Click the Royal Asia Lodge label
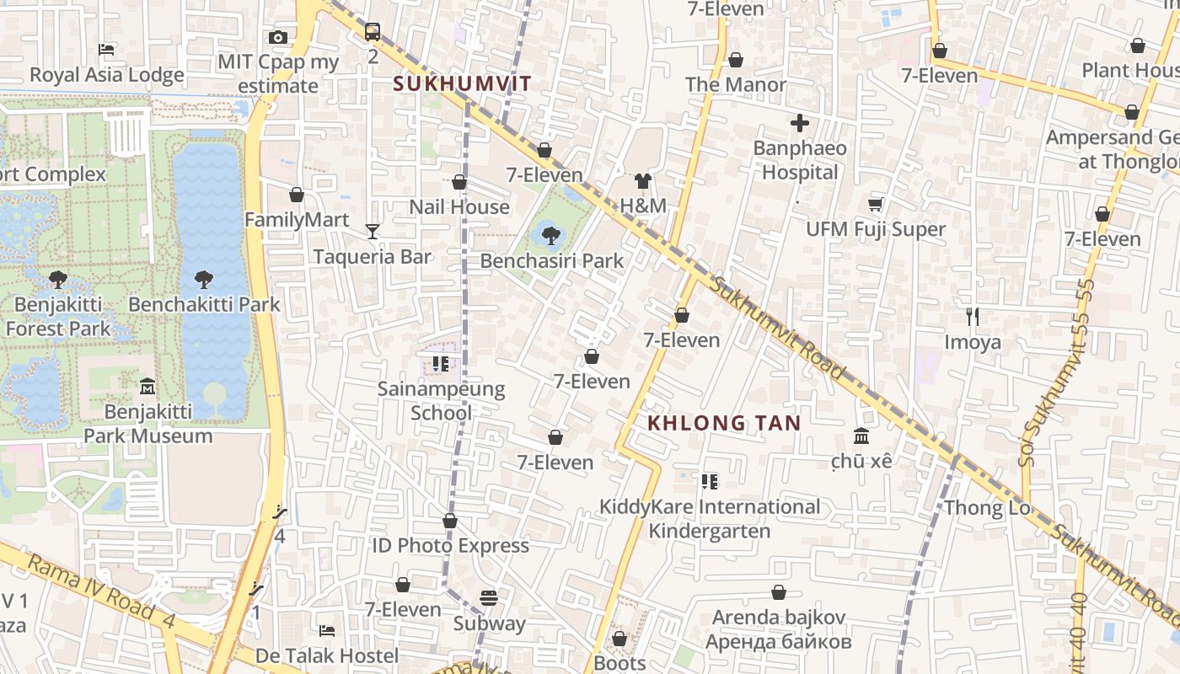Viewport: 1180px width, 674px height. coord(106,75)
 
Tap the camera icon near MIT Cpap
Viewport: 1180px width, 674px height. coord(278,37)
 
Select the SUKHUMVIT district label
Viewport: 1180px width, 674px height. coord(463,83)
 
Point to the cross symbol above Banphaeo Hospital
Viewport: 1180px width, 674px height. coord(799,124)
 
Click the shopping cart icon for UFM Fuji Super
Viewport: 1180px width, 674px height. coord(876,204)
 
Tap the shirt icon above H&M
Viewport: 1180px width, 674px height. coord(643,180)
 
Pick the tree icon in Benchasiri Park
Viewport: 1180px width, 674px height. coord(551,235)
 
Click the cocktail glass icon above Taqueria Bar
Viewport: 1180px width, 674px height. coord(373,231)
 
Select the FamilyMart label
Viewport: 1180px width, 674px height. coord(296,220)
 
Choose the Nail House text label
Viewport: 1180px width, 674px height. coord(459,206)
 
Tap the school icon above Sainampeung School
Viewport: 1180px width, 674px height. coord(440,364)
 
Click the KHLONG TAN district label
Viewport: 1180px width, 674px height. coord(723,423)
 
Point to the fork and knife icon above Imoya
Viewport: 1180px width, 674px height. coord(973,317)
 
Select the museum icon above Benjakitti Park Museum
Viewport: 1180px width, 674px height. coord(147,387)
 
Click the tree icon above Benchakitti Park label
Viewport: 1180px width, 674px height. coord(203,280)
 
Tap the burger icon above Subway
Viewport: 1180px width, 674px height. coord(489,598)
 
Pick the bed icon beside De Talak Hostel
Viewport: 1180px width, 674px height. coord(327,630)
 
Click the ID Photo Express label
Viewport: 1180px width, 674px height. coord(450,546)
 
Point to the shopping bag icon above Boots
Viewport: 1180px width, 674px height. coord(619,639)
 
